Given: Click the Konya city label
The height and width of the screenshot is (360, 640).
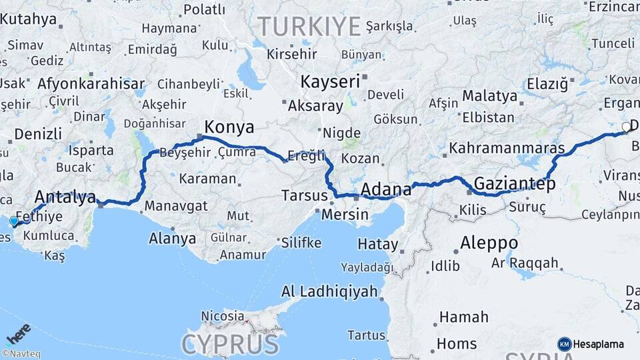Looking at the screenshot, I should coord(229,127).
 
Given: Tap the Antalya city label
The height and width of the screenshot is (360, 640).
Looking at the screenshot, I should coord(65,197).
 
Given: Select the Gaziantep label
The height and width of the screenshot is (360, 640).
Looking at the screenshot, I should coord(514,184).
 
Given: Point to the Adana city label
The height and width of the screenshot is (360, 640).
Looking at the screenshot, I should coord(386,190).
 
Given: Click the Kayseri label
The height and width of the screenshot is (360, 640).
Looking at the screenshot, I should coord(330,82).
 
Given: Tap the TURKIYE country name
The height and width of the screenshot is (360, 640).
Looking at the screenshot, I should coord(309,26).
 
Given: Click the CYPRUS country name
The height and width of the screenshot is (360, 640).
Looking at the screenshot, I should coord(230,344).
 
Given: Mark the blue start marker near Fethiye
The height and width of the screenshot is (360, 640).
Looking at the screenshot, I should coord(14,221).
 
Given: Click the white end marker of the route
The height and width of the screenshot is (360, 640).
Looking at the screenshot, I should coord(626,127).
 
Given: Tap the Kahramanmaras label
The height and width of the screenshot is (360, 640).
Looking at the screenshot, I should coord(507,148).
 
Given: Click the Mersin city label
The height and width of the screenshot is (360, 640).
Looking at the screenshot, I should coord(345,215).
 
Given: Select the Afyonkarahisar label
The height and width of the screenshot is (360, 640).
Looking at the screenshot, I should coord(91,84).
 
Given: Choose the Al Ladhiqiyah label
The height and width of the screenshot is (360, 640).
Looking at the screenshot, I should coord(329,291).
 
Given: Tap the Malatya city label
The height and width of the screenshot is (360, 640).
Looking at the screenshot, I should coord(489,96).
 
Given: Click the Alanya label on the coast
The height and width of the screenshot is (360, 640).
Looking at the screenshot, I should coord(172,239).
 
